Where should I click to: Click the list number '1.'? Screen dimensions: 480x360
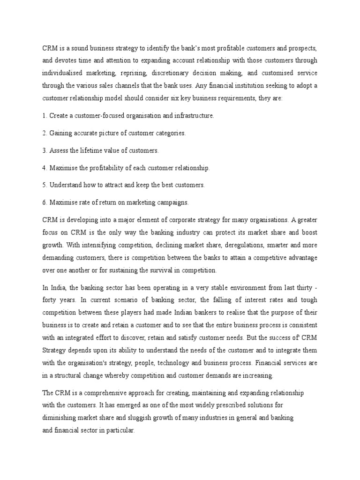[45, 116]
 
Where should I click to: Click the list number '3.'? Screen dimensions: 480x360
[45, 150]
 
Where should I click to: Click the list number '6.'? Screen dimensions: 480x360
[45, 202]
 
